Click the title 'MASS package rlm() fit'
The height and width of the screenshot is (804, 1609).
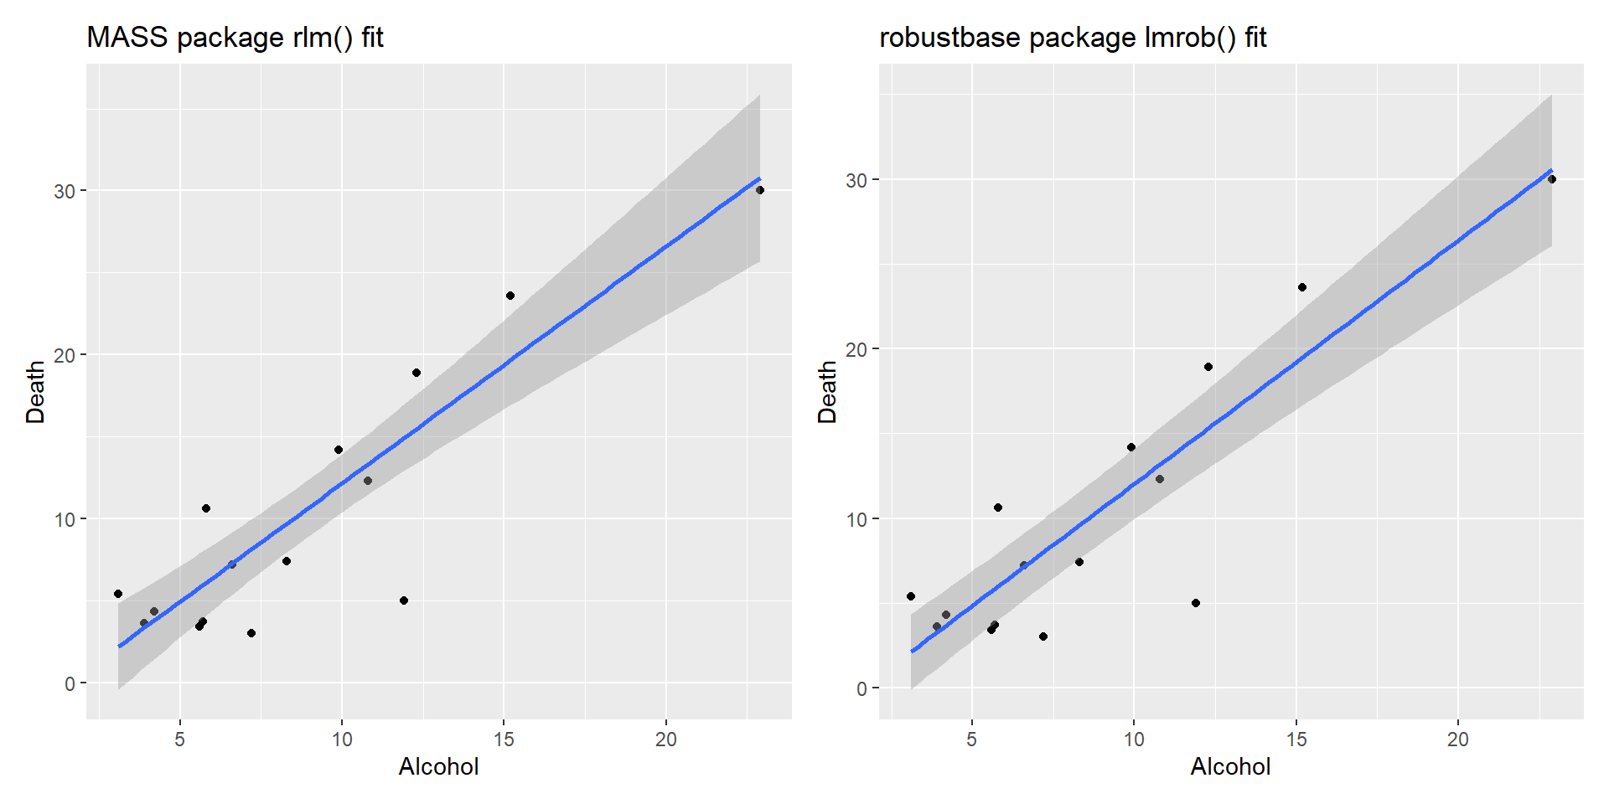tap(235, 38)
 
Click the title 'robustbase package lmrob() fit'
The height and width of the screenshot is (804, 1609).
tap(1072, 38)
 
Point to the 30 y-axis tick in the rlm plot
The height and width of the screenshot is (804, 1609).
tap(65, 191)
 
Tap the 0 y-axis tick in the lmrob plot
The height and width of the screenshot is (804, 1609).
tap(861, 689)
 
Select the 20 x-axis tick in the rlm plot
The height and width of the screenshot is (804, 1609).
tap(665, 740)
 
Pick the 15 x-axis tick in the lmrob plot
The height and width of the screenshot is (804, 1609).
tap(1296, 740)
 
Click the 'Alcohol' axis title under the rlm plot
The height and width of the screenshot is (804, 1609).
tap(438, 766)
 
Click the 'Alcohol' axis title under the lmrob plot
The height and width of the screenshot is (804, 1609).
tap(1230, 766)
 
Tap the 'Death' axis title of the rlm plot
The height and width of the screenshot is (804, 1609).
tap(35, 392)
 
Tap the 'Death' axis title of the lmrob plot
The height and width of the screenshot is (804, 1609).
tap(827, 392)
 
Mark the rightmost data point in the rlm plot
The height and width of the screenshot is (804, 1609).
tap(760, 190)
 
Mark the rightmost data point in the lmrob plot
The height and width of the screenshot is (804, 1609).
tap(1552, 179)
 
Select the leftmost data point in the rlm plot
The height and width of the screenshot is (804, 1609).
tap(118, 594)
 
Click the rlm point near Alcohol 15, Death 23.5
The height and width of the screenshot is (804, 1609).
tap(510, 296)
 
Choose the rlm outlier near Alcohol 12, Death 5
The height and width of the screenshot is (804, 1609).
tap(404, 600)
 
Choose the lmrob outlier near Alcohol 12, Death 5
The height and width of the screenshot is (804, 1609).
tap(1196, 603)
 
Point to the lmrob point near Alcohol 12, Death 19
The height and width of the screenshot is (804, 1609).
tap(1208, 367)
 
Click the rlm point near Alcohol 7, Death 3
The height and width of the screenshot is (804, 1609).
tap(251, 633)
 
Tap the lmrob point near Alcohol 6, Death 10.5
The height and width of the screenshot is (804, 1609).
tap(998, 508)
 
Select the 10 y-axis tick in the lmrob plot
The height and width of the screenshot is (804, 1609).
tap(856, 519)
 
